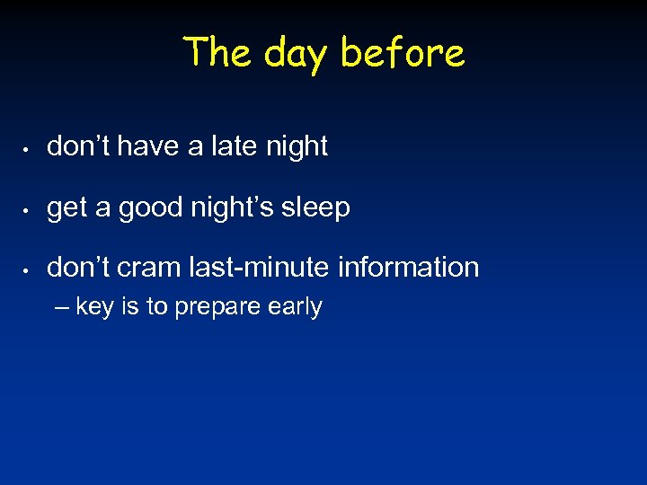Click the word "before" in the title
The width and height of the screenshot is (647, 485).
tap(403, 53)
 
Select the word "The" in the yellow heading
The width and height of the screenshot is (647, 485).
tap(218, 51)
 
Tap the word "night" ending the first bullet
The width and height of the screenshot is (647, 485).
tap(297, 146)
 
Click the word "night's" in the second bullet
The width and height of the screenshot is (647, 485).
tap(237, 207)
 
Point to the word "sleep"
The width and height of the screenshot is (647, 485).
tap(317, 207)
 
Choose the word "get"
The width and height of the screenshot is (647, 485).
tap(66, 208)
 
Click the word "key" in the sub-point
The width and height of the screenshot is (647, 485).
tap(94, 307)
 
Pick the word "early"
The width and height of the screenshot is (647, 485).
tap(295, 308)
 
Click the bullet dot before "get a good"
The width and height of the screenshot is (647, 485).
tap(30, 208)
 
